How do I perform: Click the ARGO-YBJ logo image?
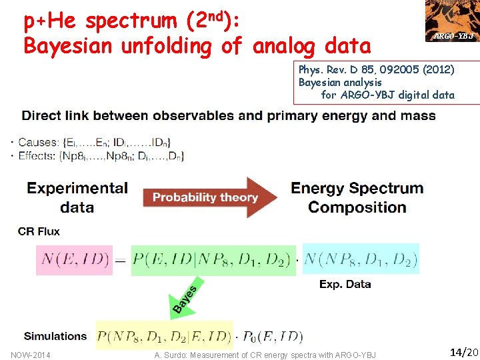pyautogui.click(x=453, y=21)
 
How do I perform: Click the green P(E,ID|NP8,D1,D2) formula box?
pyautogui.click(x=214, y=259)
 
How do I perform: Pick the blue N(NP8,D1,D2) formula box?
pyautogui.click(x=361, y=259)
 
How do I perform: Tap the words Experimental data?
pyautogui.click(x=77, y=197)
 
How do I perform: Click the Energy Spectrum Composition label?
pyautogui.click(x=357, y=197)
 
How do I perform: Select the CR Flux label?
pyautogui.click(x=39, y=231)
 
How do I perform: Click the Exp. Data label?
pyautogui.click(x=345, y=284)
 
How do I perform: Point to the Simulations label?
pyautogui.click(x=55, y=336)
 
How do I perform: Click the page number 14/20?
pyautogui.click(x=463, y=351)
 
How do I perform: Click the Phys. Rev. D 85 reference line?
pyautogui.click(x=376, y=69)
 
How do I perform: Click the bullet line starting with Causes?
pyautogui.click(x=94, y=142)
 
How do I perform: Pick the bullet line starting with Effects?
pyautogui.click(x=101, y=156)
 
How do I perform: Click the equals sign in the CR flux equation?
pyautogui.click(x=121, y=260)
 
